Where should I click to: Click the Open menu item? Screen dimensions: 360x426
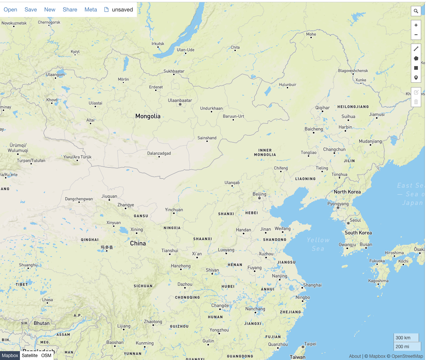pyautogui.click(x=10, y=10)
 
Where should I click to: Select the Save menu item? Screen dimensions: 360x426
pyautogui.click(x=31, y=10)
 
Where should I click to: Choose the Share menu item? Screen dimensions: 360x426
pyautogui.click(x=70, y=10)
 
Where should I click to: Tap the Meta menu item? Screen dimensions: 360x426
pyautogui.click(x=91, y=10)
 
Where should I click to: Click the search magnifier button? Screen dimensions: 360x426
pyautogui.click(x=416, y=11)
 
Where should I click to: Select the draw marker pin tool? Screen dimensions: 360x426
pyautogui.click(x=416, y=78)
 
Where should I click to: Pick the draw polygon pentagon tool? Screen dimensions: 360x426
pyautogui.click(x=416, y=58)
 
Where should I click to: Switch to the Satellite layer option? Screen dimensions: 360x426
pyautogui.click(x=30, y=356)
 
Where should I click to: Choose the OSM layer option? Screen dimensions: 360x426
pyautogui.click(x=46, y=356)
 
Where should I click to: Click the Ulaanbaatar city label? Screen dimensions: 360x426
pyautogui.click(x=180, y=100)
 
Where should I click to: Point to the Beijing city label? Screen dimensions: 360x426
pyautogui.click(x=259, y=194)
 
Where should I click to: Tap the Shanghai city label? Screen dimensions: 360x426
pyautogui.click(x=312, y=285)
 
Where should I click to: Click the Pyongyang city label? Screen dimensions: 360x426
pyautogui.click(x=338, y=204)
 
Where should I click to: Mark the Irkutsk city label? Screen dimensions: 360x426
pyautogui.click(x=158, y=44)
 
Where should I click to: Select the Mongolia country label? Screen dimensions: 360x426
pyautogui.click(x=148, y=116)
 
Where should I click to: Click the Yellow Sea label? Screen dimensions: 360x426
pyautogui.click(x=318, y=244)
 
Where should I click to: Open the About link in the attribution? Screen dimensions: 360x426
pyautogui.click(x=355, y=356)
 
